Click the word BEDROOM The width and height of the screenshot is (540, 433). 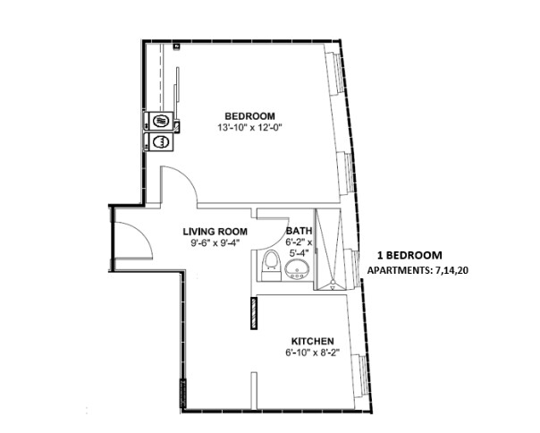click(249, 115)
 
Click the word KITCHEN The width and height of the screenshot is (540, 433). click(313, 341)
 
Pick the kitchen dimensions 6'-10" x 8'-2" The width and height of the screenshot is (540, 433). click(313, 352)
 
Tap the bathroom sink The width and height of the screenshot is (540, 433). click(296, 269)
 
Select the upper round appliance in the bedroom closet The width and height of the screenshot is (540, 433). click(161, 122)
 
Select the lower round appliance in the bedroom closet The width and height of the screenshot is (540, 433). click(161, 141)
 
